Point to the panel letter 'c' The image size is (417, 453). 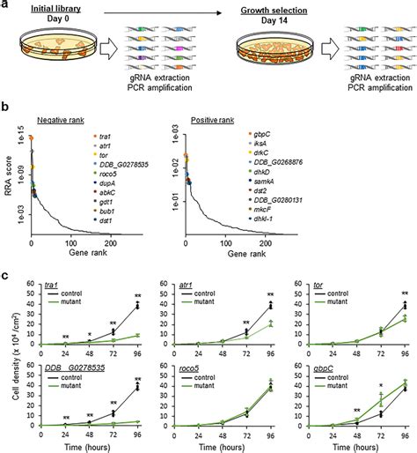pos(6,272)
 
